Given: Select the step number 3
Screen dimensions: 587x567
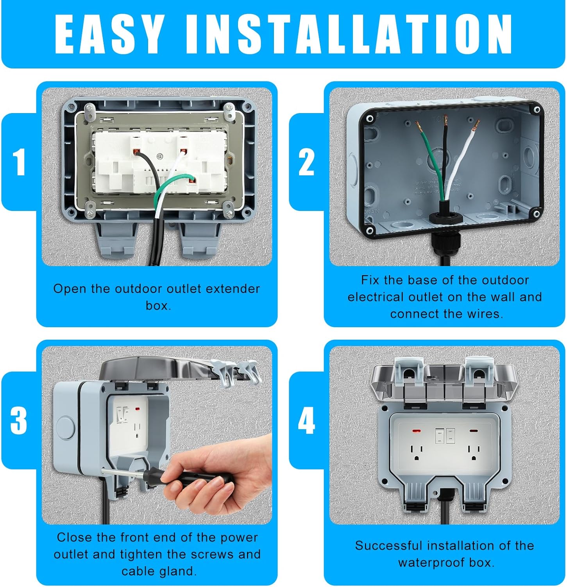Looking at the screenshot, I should pyautogui.click(x=19, y=421).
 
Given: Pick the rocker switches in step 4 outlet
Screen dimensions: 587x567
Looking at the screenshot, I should pyautogui.click(x=445, y=435).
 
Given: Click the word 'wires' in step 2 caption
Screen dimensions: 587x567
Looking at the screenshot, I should pyautogui.click(x=485, y=314).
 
